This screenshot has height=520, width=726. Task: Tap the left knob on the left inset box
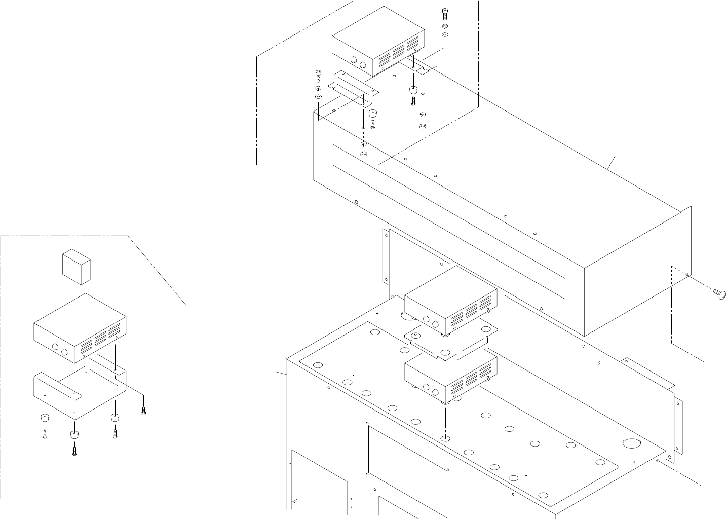click(x=54, y=348)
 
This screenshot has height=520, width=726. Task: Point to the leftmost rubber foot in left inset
click(x=45, y=418)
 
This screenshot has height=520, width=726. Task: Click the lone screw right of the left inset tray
click(x=144, y=412)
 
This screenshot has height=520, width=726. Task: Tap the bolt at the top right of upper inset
click(x=444, y=14)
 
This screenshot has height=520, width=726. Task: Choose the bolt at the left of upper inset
click(x=318, y=76)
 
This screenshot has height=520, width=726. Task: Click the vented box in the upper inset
click(x=377, y=48)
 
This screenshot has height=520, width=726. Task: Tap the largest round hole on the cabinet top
click(x=631, y=443)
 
